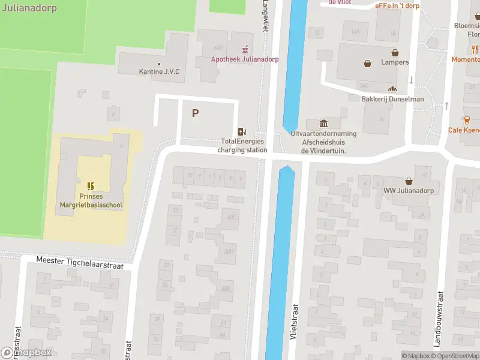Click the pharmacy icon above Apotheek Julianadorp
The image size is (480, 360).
pos(245,49)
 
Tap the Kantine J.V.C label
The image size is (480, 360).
pos(159,72)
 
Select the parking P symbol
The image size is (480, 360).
pos(195,113)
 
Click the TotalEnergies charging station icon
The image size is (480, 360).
pos(242,131)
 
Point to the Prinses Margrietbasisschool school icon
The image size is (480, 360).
pos(91,186)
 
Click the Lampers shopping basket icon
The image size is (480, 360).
pos(367,62)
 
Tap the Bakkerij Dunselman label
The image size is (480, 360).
pos(392,99)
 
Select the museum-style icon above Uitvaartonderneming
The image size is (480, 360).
pos(323,123)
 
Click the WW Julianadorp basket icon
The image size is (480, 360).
pos(409,181)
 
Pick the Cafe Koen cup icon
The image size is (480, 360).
pos(466,120)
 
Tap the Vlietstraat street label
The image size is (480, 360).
pos(295,322)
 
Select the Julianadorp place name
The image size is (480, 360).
pos(28,8)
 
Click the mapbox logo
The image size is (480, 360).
pos(26,353)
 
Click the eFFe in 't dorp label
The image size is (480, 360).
pos(397,5)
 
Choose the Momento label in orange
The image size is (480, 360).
pos(466,59)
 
